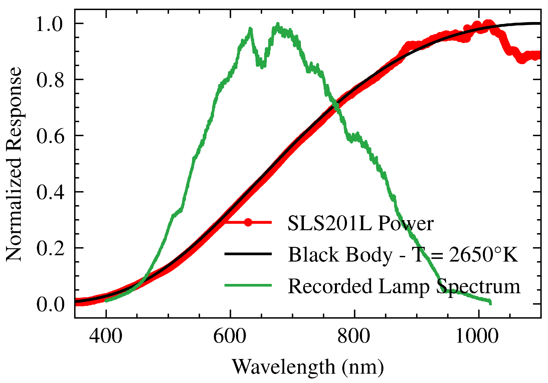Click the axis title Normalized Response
click(x=14, y=164)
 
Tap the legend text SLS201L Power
click(x=361, y=224)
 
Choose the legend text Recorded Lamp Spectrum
click(x=404, y=286)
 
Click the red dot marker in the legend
click(x=248, y=222)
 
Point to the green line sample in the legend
click(x=248, y=285)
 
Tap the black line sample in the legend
click(x=248, y=254)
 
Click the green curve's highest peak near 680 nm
click(x=278, y=24)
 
